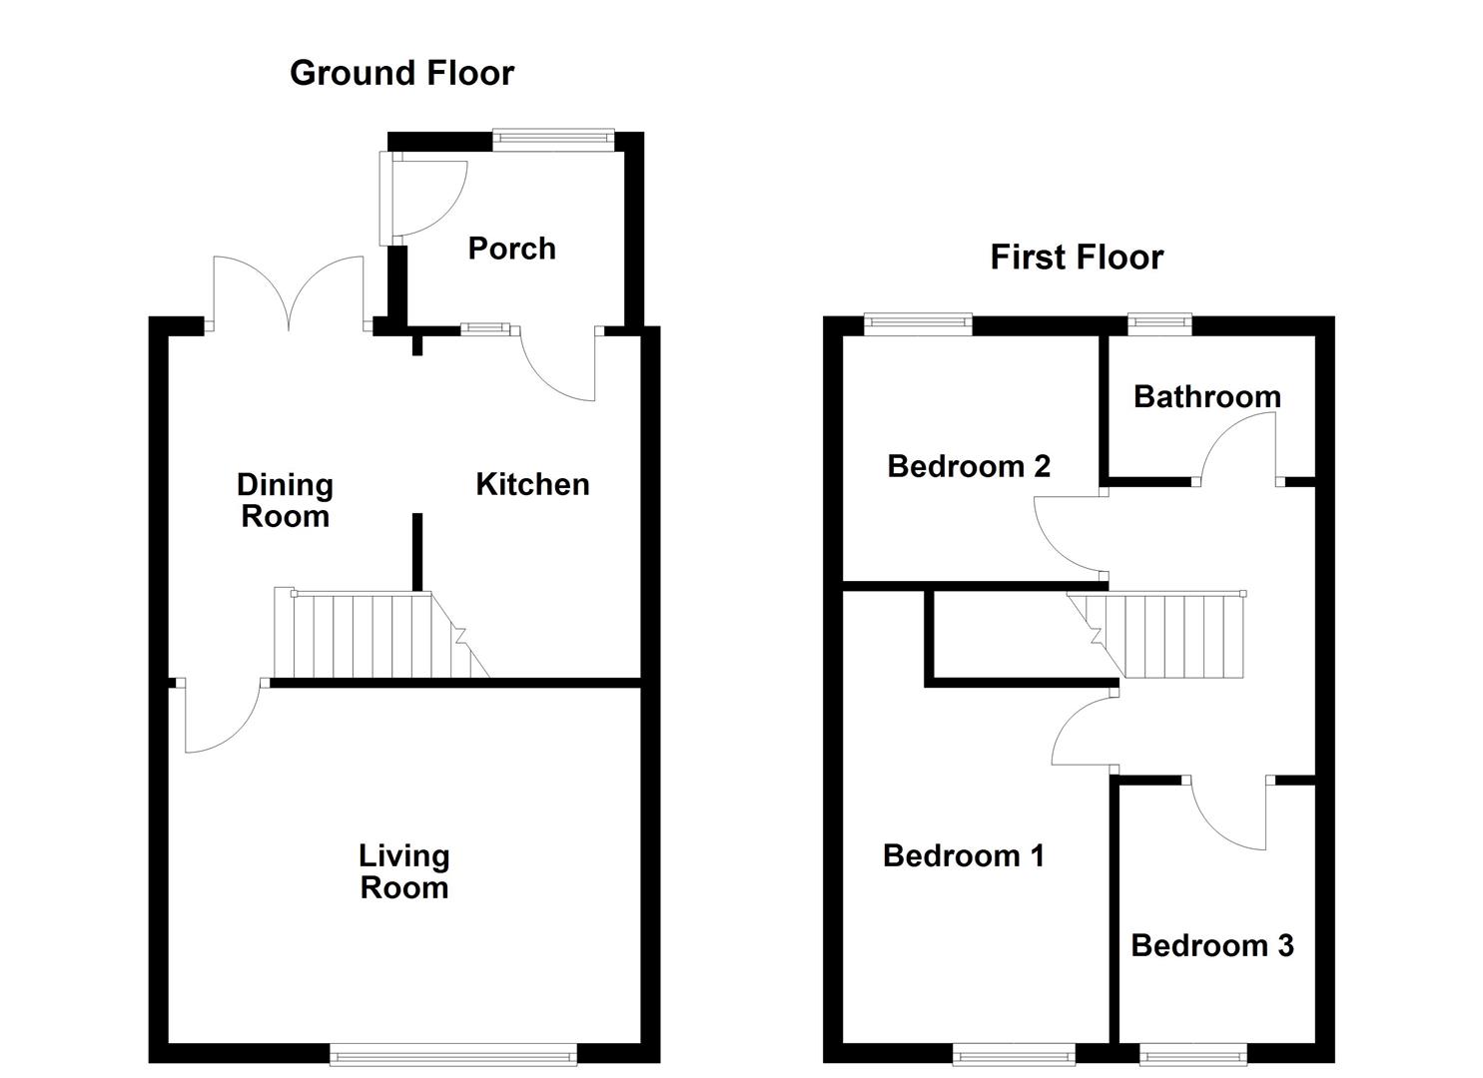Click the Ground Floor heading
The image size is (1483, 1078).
(401, 73)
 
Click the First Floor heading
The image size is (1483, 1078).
(1076, 258)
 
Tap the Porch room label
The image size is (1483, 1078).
(511, 249)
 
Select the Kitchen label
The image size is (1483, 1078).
(532, 484)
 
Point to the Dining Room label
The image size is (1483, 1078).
(285, 500)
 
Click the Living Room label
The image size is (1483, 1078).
(403, 871)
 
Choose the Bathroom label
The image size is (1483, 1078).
(1206, 397)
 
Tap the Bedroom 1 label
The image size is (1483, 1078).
(963, 855)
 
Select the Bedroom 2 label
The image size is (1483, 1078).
(968, 466)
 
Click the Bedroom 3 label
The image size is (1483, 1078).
(1211, 945)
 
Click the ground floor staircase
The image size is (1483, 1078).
(379, 635)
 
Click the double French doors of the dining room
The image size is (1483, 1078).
(289, 294)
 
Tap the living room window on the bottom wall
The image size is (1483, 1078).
(453, 1053)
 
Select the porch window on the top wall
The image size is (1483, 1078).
(553, 141)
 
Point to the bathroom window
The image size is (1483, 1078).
(1159, 323)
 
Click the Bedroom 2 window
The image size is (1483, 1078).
(917, 323)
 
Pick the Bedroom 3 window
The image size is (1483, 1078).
(1192, 1053)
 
